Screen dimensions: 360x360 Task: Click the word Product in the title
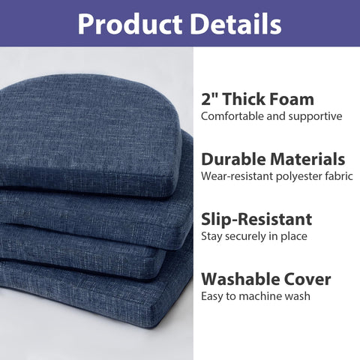pyautogui.click(x=125, y=24)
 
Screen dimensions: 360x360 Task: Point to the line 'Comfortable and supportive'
pyautogui.click(x=271, y=116)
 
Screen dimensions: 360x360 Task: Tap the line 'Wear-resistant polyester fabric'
pyautogui.click(x=275, y=176)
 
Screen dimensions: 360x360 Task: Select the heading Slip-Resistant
pyautogui.click(x=256, y=220)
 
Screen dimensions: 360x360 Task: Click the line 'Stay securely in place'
pyautogui.click(x=255, y=237)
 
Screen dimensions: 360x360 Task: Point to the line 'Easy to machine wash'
pyautogui.click(x=256, y=296)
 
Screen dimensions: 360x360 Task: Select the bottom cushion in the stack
pyautogui.click(x=97, y=300)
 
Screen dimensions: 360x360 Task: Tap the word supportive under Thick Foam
pyautogui.click(x=316, y=116)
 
